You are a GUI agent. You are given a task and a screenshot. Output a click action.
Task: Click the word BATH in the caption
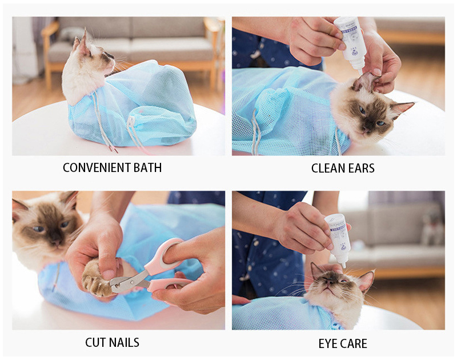147,167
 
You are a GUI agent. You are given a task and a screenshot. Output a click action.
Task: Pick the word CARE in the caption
355,343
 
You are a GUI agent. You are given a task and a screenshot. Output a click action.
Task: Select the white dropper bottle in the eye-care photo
337,239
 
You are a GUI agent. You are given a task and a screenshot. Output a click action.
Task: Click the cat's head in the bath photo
94,53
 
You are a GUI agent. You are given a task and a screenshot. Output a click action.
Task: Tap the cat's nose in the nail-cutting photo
55,241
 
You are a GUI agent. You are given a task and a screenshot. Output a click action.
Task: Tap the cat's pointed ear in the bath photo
85,41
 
